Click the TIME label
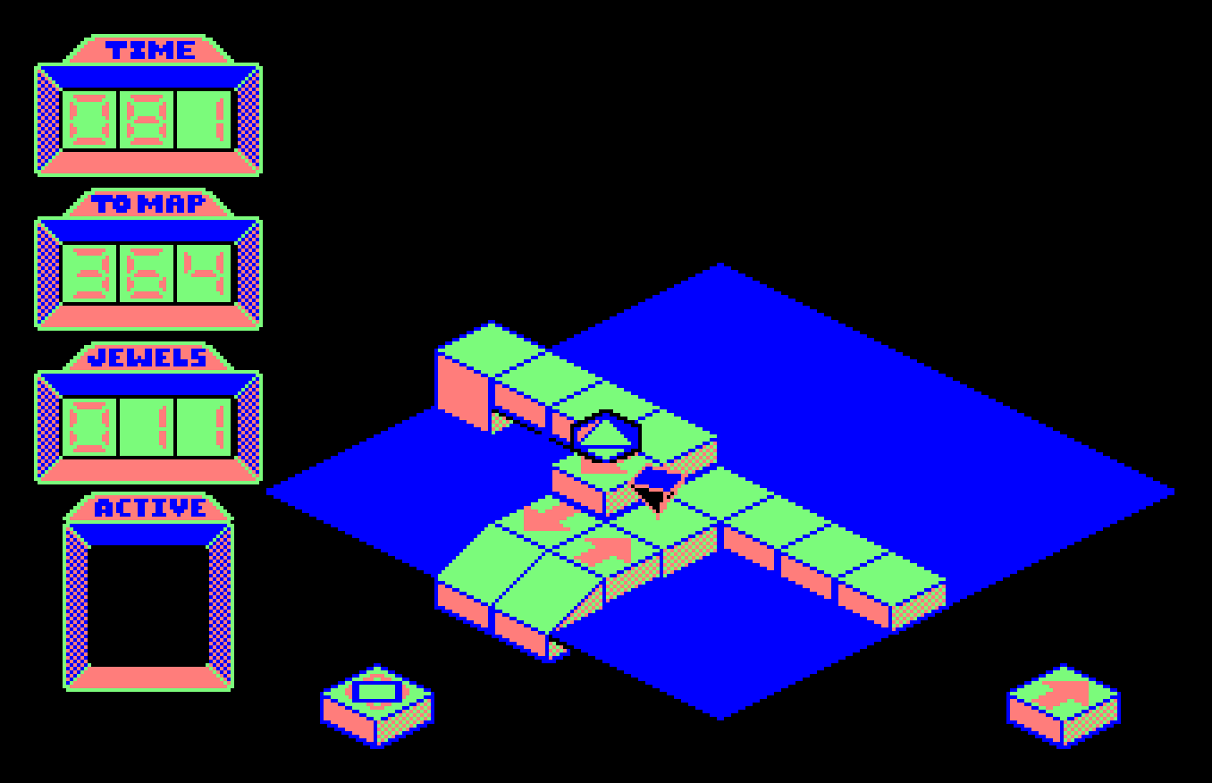[150, 50]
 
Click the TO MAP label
[148, 204]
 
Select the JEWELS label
[148, 358]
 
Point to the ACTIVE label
[148, 509]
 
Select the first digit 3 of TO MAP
[90, 273]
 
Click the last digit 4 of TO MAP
[204, 273]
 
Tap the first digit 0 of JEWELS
[90, 426]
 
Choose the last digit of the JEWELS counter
[204, 426]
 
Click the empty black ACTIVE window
[148, 605]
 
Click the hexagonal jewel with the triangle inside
[606, 436]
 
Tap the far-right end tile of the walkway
[890, 577]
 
